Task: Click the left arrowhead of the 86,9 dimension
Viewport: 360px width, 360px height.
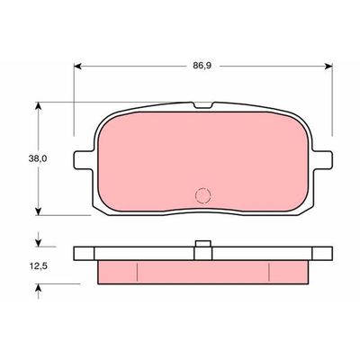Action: pos(76,66)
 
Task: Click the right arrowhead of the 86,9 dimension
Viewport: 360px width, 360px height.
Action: pos(328,66)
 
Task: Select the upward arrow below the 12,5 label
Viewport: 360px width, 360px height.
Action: pos(39,285)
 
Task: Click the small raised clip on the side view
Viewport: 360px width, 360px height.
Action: pos(202,244)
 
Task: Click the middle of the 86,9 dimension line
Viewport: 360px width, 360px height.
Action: pos(144,66)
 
